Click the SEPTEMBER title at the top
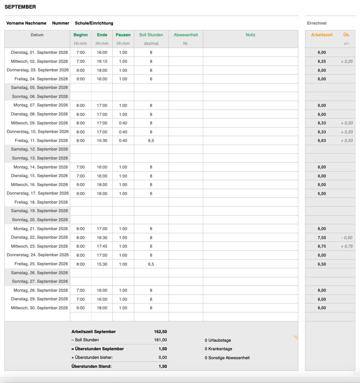tap(20, 7)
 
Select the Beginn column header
tap(80, 35)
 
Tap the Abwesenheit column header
tap(186, 35)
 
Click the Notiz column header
tap(250, 35)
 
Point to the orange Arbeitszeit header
tap(322, 35)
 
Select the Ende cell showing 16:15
tap(102, 61)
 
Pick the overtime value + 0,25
tap(346, 62)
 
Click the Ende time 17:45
tap(102, 246)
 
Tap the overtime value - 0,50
tap(346, 238)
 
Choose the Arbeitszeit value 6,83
tap(322, 141)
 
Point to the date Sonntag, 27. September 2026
tap(40, 281)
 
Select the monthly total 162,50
tap(160, 332)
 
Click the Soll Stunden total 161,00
tap(160, 340)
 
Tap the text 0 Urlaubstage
tap(218, 340)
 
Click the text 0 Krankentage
tap(218, 349)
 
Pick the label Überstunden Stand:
tap(91, 366)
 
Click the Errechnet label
tap(317, 23)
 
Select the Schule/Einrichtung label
tap(94, 23)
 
